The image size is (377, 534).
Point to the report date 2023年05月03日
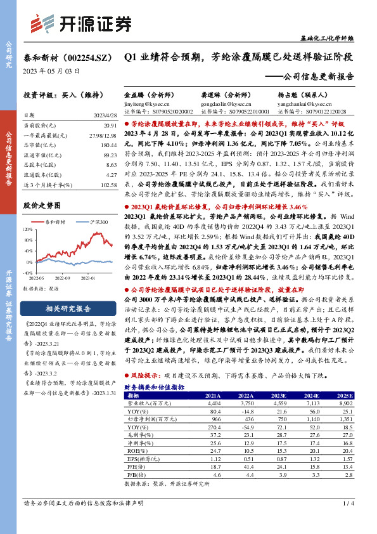click(x=51, y=71)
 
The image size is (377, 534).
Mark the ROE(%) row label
click(x=147, y=450)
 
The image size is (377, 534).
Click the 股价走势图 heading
click(x=42, y=206)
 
